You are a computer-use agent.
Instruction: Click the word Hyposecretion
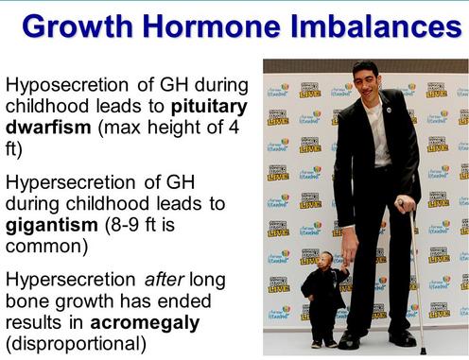(67, 86)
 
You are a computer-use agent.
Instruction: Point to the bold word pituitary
(209, 107)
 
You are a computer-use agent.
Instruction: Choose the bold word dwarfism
(48, 127)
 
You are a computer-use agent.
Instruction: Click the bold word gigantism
(52, 226)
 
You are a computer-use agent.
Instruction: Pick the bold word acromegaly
(145, 323)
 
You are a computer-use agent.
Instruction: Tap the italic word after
(165, 280)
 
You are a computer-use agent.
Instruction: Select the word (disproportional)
(76, 344)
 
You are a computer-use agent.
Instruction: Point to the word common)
(46, 247)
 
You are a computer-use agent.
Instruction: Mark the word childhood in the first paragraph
(47, 106)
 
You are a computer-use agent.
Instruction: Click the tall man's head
(366, 79)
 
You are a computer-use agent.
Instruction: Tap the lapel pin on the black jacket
(389, 110)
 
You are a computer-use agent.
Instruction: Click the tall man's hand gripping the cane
(405, 205)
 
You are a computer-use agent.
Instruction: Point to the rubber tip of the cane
(424, 351)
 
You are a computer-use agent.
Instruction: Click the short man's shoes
(323, 343)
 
